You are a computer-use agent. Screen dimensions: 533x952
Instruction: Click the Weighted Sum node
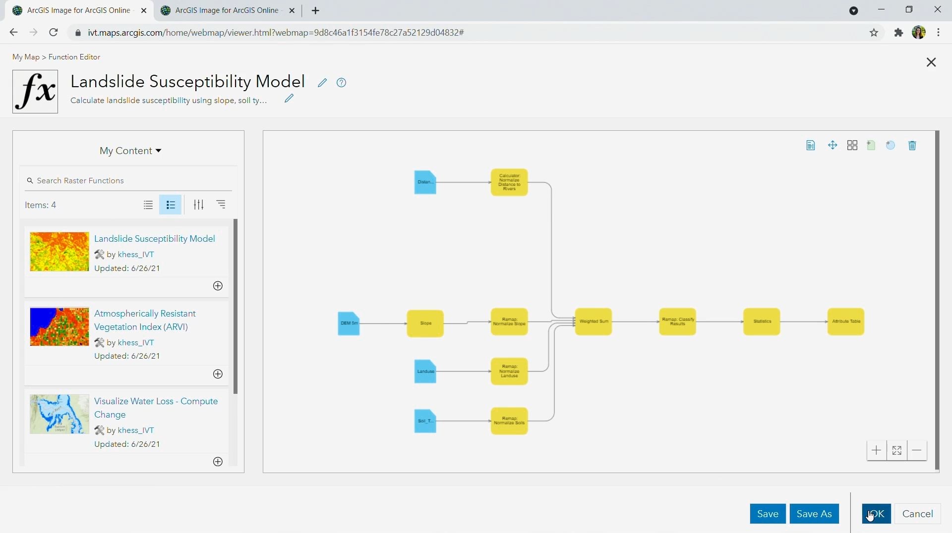[x=594, y=322]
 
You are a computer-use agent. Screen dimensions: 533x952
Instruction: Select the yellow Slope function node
[x=425, y=323]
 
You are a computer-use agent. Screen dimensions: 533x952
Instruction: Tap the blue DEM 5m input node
[x=349, y=323]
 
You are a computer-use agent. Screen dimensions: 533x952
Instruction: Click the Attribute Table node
[x=846, y=322]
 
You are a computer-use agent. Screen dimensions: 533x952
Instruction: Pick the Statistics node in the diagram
[x=762, y=322]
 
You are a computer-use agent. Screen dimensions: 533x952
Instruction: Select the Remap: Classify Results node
[x=677, y=322]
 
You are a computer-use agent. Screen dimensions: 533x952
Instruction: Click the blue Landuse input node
[x=425, y=372]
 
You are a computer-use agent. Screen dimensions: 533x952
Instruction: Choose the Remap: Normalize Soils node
[x=509, y=421]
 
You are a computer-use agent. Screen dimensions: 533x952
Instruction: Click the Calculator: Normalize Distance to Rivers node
[x=509, y=182]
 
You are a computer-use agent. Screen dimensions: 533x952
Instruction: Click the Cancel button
[x=917, y=514]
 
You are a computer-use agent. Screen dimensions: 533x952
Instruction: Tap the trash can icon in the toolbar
[x=912, y=146]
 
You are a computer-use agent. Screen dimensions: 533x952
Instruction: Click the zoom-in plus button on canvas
[x=877, y=450]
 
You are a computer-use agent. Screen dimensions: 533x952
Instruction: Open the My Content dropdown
[x=130, y=151]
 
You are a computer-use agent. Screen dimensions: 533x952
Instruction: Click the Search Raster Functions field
[x=129, y=181]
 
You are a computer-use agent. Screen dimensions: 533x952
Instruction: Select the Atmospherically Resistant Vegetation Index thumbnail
[x=59, y=326]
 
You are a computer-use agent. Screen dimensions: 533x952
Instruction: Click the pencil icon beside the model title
[x=322, y=83]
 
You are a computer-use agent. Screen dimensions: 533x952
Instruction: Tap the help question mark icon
[x=341, y=83]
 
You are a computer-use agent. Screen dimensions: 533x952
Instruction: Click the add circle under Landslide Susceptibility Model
[x=218, y=286]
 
